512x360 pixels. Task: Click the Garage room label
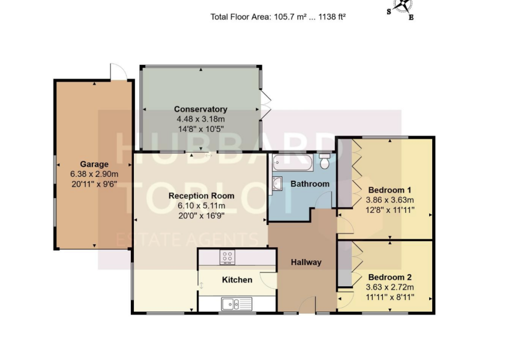(x=94, y=164)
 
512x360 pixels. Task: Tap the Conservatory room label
(x=200, y=109)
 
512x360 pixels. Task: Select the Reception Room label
(x=201, y=196)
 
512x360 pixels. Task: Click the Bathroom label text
(x=310, y=184)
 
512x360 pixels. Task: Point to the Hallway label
(x=306, y=262)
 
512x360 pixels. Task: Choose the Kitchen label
(x=237, y=280)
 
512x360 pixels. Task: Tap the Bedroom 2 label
(x=390, y=277)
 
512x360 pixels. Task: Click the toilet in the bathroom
(x=325, y=161)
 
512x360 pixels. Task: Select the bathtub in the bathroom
(x=291, y=162)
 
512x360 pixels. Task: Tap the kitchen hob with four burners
(x=228, y=257)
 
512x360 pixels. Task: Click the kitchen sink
(x=230, y=304)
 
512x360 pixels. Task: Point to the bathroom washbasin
(x=278, y=183)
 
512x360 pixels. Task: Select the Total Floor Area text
(x=278, y=17)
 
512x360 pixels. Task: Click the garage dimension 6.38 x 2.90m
(x=94, y=175)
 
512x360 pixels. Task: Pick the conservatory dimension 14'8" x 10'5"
(x=200, y=130)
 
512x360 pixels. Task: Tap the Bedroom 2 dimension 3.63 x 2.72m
(x=390, y=287)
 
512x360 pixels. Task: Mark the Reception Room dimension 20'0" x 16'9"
(x=201, y=217)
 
